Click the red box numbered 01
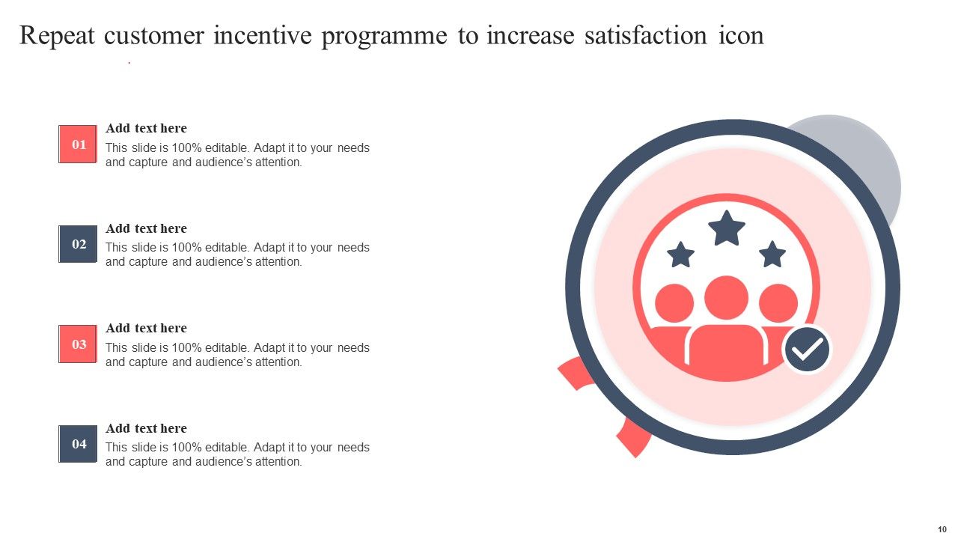click(78, 144)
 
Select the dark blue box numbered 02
click(78, 244)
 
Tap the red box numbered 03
click(78, 344)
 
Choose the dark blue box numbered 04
click(78, 444)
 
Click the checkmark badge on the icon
click(807, 350)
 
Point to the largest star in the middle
click(727, 228)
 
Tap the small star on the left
click(680, 255)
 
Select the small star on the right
click(772, 255)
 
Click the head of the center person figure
click(726, 298)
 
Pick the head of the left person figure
click(674, 303)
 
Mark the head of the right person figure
click(778, 303)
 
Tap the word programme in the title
click(385, 36)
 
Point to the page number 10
click(942, 529)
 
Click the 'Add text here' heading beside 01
click(146, 128)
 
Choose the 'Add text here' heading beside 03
click(146, 328)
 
